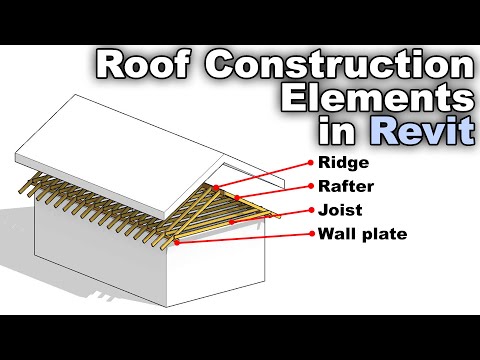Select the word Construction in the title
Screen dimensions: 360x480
(x=335, y=67)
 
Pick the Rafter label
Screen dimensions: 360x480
(x=346, y=186)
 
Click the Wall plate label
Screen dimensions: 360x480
(x=363, y=236)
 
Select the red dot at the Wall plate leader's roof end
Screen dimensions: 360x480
(x=176, y=241)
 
